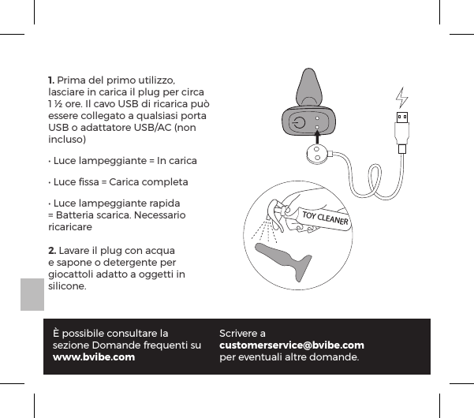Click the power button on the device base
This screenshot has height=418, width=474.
[x=297, y=123]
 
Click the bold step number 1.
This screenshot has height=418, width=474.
[x=51, y=81]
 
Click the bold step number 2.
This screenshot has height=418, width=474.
[x=51, y=250]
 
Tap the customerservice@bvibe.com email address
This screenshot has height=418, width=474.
[x=291, y=345]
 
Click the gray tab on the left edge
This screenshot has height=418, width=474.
[x=31, y=294]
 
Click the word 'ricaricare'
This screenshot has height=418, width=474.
[x=70, y=226]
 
